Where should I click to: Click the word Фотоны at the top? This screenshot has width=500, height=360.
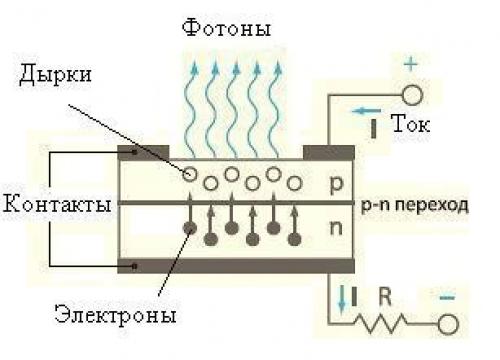[226, 29]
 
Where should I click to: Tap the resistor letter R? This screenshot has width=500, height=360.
[383, 296]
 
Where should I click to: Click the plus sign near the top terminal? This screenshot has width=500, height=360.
[411, 64]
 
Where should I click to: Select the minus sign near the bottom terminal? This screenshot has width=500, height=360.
[448, 297]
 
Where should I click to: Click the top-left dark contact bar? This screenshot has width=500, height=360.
[143, 153]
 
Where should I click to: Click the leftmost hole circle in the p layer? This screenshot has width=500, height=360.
[189, 174]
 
